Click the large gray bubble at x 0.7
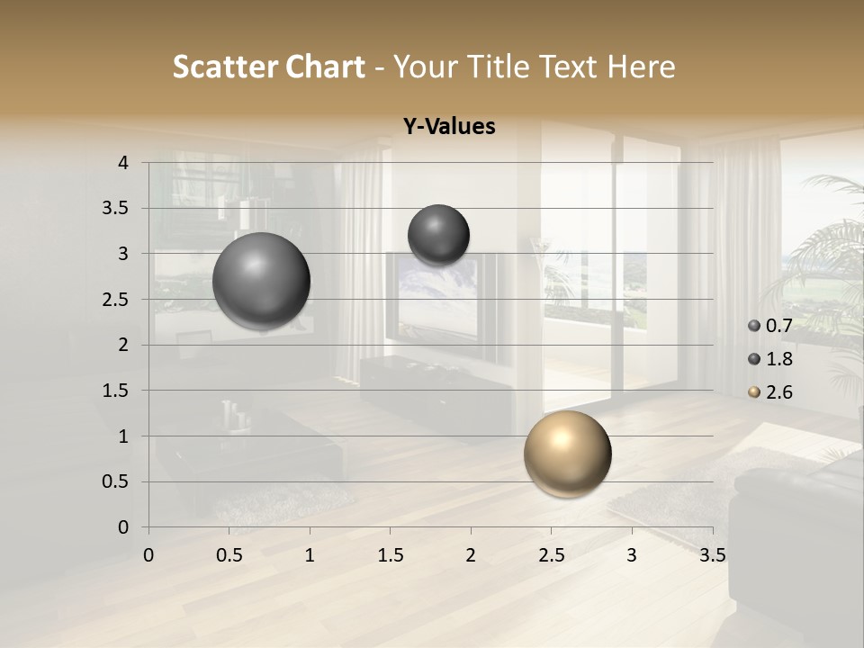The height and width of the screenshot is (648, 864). pyautogui.click(x=262, y=281)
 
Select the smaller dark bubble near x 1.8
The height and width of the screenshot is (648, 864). pyautogui.click(x=438, y=235)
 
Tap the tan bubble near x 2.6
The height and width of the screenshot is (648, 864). pyautogui.click(x=567, y=454)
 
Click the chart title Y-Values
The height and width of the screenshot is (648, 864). pyautogui.click(x=448, y=127)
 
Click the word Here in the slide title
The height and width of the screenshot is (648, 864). pyautogui.click(x=640, y=67)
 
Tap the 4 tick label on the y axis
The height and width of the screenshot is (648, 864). pyautogui.click(x=123, y=163)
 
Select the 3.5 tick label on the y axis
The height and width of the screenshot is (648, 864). pyautogui.click(x=115, y=209)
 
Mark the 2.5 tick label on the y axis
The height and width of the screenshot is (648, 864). pyautogui.click(x=115, y=300)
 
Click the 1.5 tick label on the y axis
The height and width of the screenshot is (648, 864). pyautogui.click(x=115, y=391)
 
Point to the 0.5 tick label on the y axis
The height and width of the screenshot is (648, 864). pyautogui.click(x=115, y=481)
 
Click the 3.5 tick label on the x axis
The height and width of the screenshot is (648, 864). pyautogui.click(x=713, y=555)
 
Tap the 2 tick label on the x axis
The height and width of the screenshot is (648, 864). pyautogui.click(x=471, y=555)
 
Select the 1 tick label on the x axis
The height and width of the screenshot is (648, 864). pyautogui.click(x=310, y=555)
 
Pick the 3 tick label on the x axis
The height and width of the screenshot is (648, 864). pyautogui.click(x=632, y=555)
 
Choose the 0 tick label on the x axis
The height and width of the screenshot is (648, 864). pyautogui.click(x=148, y=555)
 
